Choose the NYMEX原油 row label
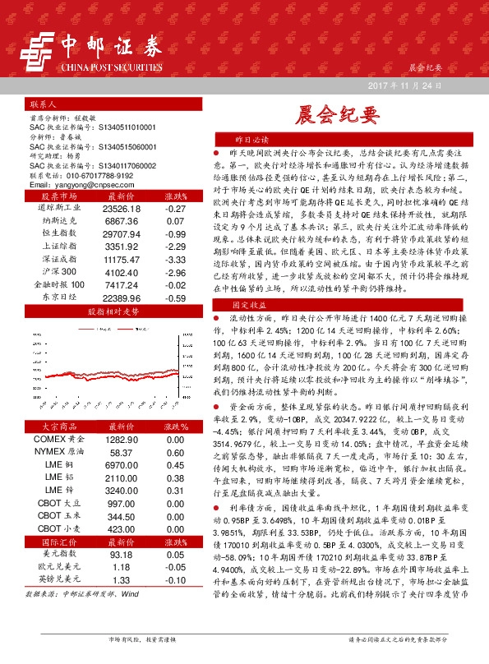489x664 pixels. point(58,453)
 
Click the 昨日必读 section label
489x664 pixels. point(247,141)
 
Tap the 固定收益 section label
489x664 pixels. point(247,303)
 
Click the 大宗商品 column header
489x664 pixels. point(58,427)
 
